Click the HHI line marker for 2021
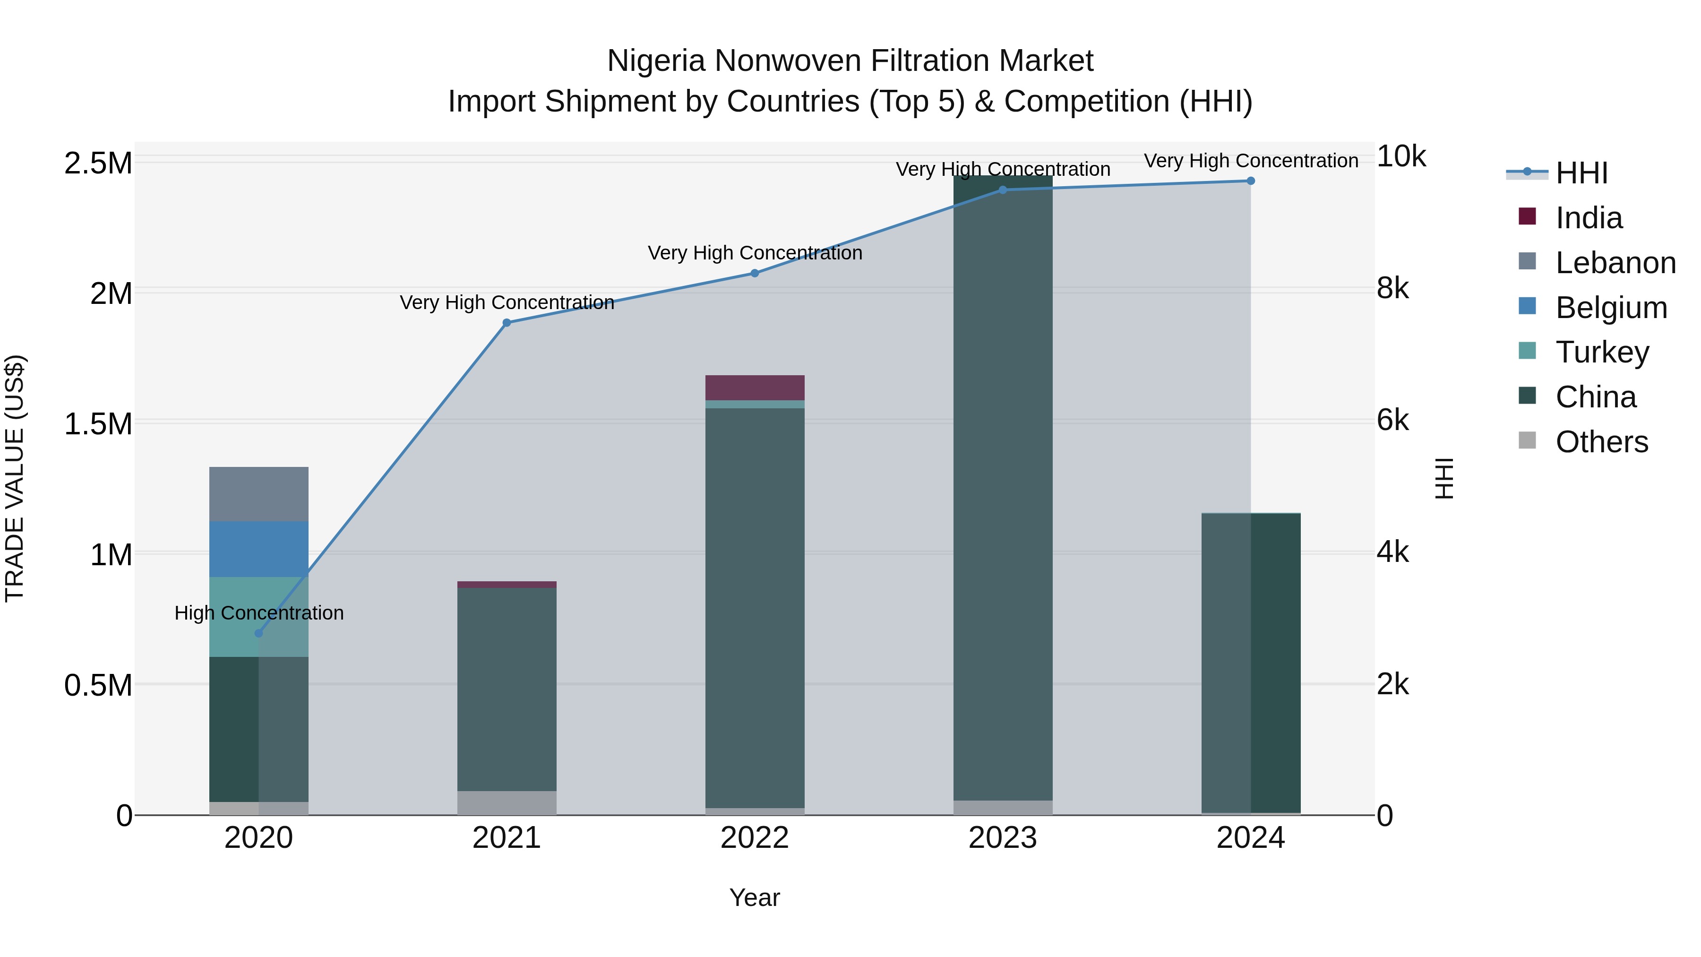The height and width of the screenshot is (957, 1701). coord(507,323)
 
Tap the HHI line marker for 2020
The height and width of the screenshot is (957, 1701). coord(259,633)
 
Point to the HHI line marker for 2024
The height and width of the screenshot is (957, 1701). coord(1251,181)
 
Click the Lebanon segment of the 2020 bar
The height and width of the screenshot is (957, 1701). coord(259,494)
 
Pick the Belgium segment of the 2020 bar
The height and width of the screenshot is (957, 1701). coord(259,549)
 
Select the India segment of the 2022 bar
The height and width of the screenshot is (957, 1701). coord(755,388)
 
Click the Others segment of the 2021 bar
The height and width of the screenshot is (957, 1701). coord(507,802)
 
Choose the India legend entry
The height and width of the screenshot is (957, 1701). coord(1588,218)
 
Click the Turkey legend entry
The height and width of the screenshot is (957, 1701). coord(1602,352)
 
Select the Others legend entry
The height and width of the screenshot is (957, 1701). coord(1601,442)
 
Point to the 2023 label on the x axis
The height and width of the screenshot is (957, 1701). coord(1002,838)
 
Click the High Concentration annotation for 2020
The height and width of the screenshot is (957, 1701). coord(259,613)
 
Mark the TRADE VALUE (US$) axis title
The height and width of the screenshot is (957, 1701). coord(15,478)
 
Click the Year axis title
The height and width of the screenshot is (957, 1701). coord(755,897)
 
